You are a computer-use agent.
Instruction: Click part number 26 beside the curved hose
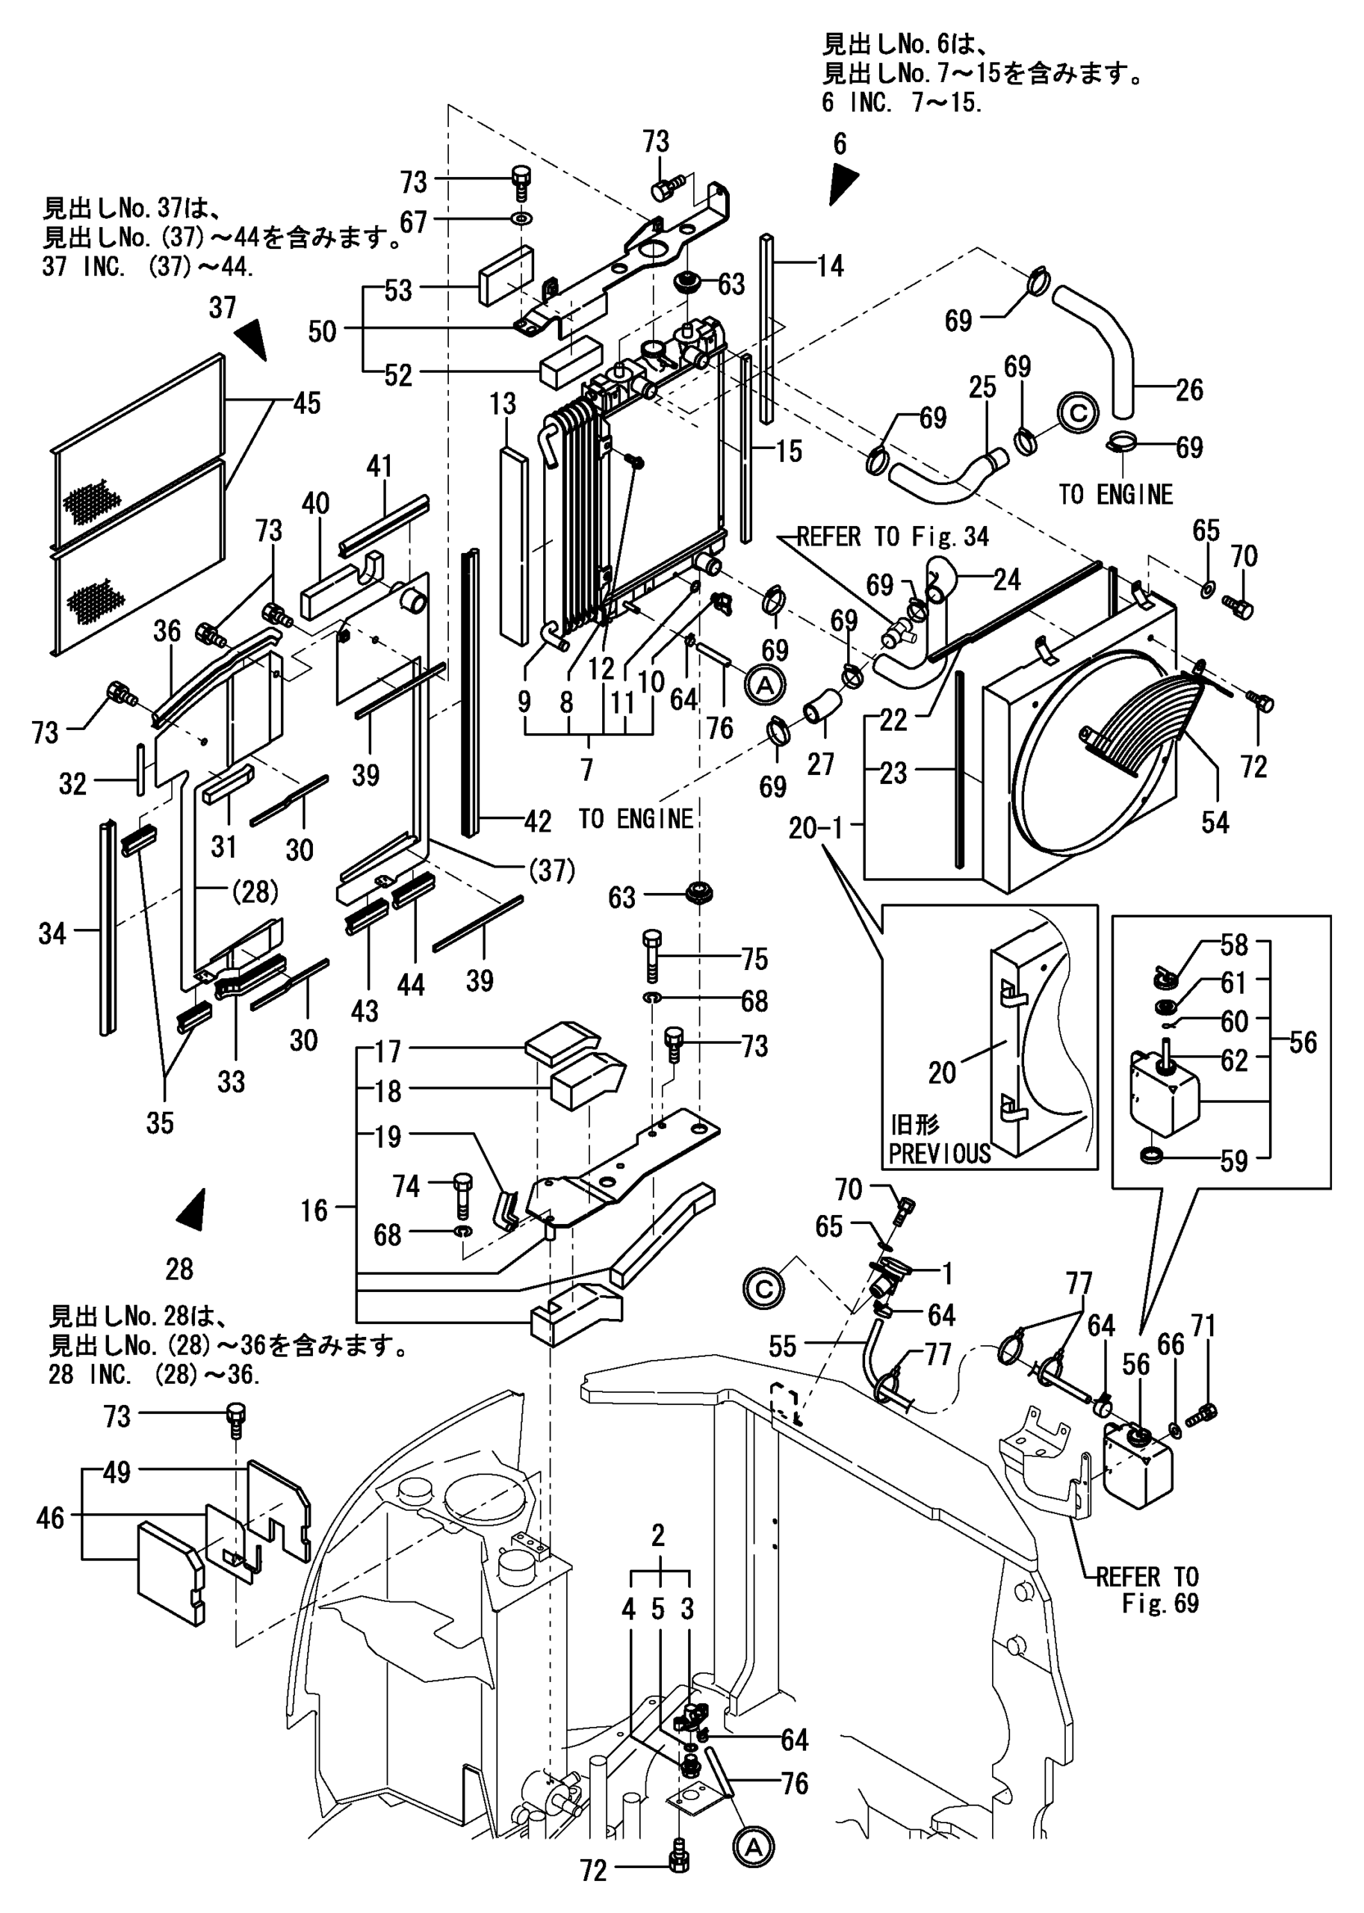point(1188,390)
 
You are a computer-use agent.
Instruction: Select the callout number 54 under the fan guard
point(1215,823)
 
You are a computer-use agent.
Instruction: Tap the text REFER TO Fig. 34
point(892,537)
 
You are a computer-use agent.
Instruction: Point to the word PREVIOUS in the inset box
point(939,1154)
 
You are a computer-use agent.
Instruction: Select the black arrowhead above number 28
point(192,1211)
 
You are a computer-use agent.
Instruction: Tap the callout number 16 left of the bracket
point(314,1210)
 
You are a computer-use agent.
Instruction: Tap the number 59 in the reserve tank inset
point(1233,1161)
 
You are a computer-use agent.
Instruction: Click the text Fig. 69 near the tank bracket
point(1160,1603)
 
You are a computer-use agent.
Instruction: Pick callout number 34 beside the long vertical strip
point(52,933)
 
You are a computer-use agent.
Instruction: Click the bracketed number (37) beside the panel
point(552,871)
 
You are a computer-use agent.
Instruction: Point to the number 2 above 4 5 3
point(659,1536)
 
